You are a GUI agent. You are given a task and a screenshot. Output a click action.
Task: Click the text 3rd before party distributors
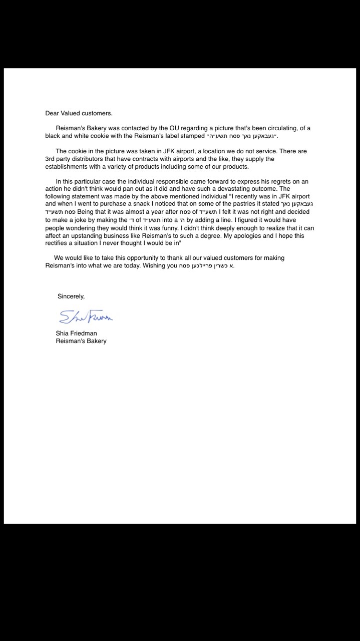click(51, 159)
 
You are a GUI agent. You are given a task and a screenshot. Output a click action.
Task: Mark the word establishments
click(68, 167)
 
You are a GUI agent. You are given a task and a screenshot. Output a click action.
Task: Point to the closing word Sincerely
click(71, 296)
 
